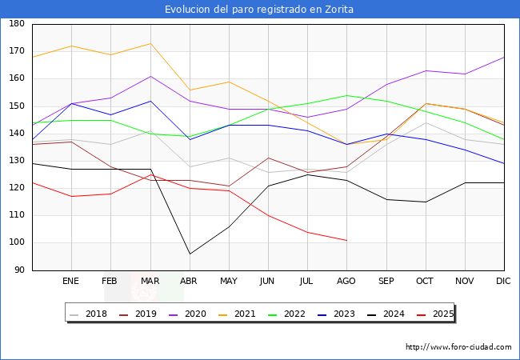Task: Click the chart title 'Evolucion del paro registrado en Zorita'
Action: click(259, 10)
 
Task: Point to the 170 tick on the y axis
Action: click(17, 51)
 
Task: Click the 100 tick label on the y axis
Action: click(17, 243)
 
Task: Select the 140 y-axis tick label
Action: click(17, 134)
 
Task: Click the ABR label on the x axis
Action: click(190, 282)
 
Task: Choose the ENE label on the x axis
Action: click(71, 282)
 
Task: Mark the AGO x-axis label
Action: click(346, 282)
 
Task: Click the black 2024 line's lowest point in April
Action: click(190, 254)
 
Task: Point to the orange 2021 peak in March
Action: click(150, 43)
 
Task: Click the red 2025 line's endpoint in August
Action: click(346, 240)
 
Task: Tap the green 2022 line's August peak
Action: click(346, 95)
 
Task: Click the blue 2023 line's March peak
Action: click(150, 101)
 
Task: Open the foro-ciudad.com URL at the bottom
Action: click(458, 347)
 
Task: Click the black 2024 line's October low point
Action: click(426, 202)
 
